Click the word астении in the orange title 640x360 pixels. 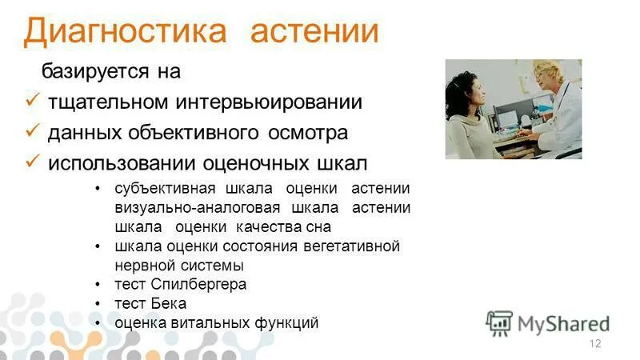314,32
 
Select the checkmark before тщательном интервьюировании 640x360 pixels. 33,102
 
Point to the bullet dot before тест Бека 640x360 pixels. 98,304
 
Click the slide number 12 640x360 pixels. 594,344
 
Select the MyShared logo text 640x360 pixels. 563,323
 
